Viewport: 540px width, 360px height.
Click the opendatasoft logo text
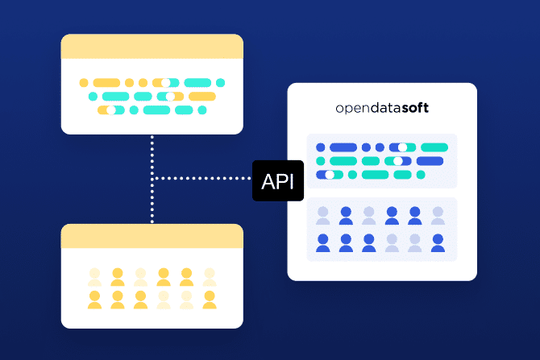382,108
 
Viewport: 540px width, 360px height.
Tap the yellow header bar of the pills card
152,47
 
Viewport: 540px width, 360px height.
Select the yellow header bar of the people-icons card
152,236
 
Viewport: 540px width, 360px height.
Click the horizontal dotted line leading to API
201,177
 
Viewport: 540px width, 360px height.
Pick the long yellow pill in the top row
106,83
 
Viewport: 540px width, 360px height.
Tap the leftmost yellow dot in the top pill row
82,83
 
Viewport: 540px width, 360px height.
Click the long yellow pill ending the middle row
201,97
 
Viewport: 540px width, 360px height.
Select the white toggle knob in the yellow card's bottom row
110,110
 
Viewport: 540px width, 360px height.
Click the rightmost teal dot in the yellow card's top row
221,83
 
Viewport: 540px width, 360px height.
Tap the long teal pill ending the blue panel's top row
434,147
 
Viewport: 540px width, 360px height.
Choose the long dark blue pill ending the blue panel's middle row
430,161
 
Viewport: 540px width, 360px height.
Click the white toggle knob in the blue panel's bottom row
329,175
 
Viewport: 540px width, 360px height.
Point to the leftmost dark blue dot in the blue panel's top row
320,147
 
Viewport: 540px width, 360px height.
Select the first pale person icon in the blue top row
323,216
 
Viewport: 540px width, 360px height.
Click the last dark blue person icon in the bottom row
438,242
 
